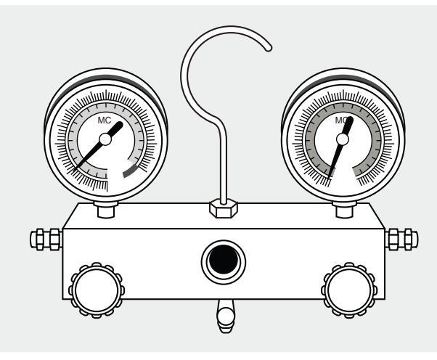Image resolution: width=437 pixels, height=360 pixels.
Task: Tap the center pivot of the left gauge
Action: (105, 137)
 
